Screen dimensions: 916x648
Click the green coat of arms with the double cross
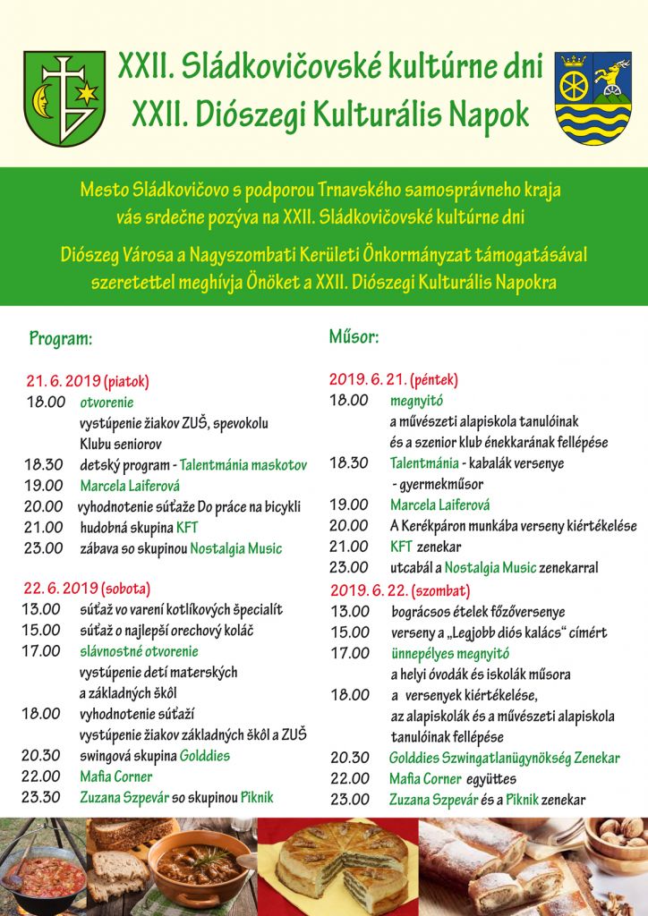click(64, 98)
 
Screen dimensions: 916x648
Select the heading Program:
click(61, 339)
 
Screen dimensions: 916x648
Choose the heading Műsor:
click(354, 337)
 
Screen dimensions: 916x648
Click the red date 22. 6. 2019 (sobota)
click(87, 589)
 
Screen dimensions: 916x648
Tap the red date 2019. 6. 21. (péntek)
click(393, 379)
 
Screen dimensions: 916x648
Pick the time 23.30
click(43, 797)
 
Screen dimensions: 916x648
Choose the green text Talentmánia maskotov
click(243, 465)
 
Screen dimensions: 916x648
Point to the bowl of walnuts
click(620, 835)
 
